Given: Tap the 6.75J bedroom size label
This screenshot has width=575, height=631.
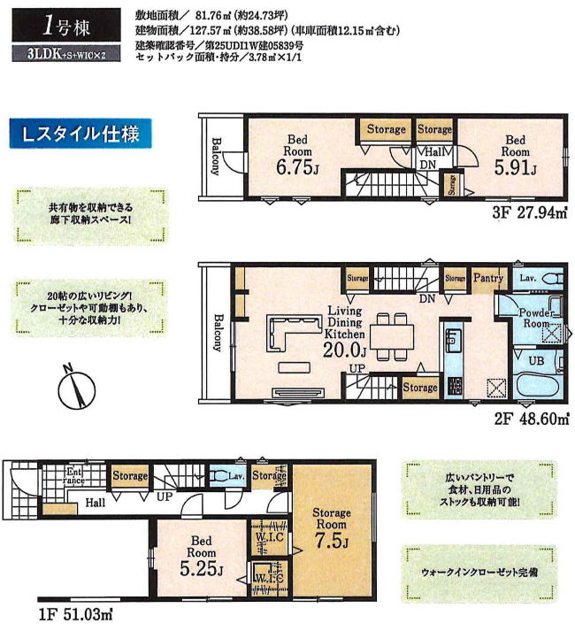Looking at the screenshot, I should pyautogui.click(x=295, y=168).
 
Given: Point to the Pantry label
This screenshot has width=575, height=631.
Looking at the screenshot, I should pyautogui.click(x=487, y=278).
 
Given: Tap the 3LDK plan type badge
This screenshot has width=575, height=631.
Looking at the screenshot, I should pyautogui.click(x=63, y=54).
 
